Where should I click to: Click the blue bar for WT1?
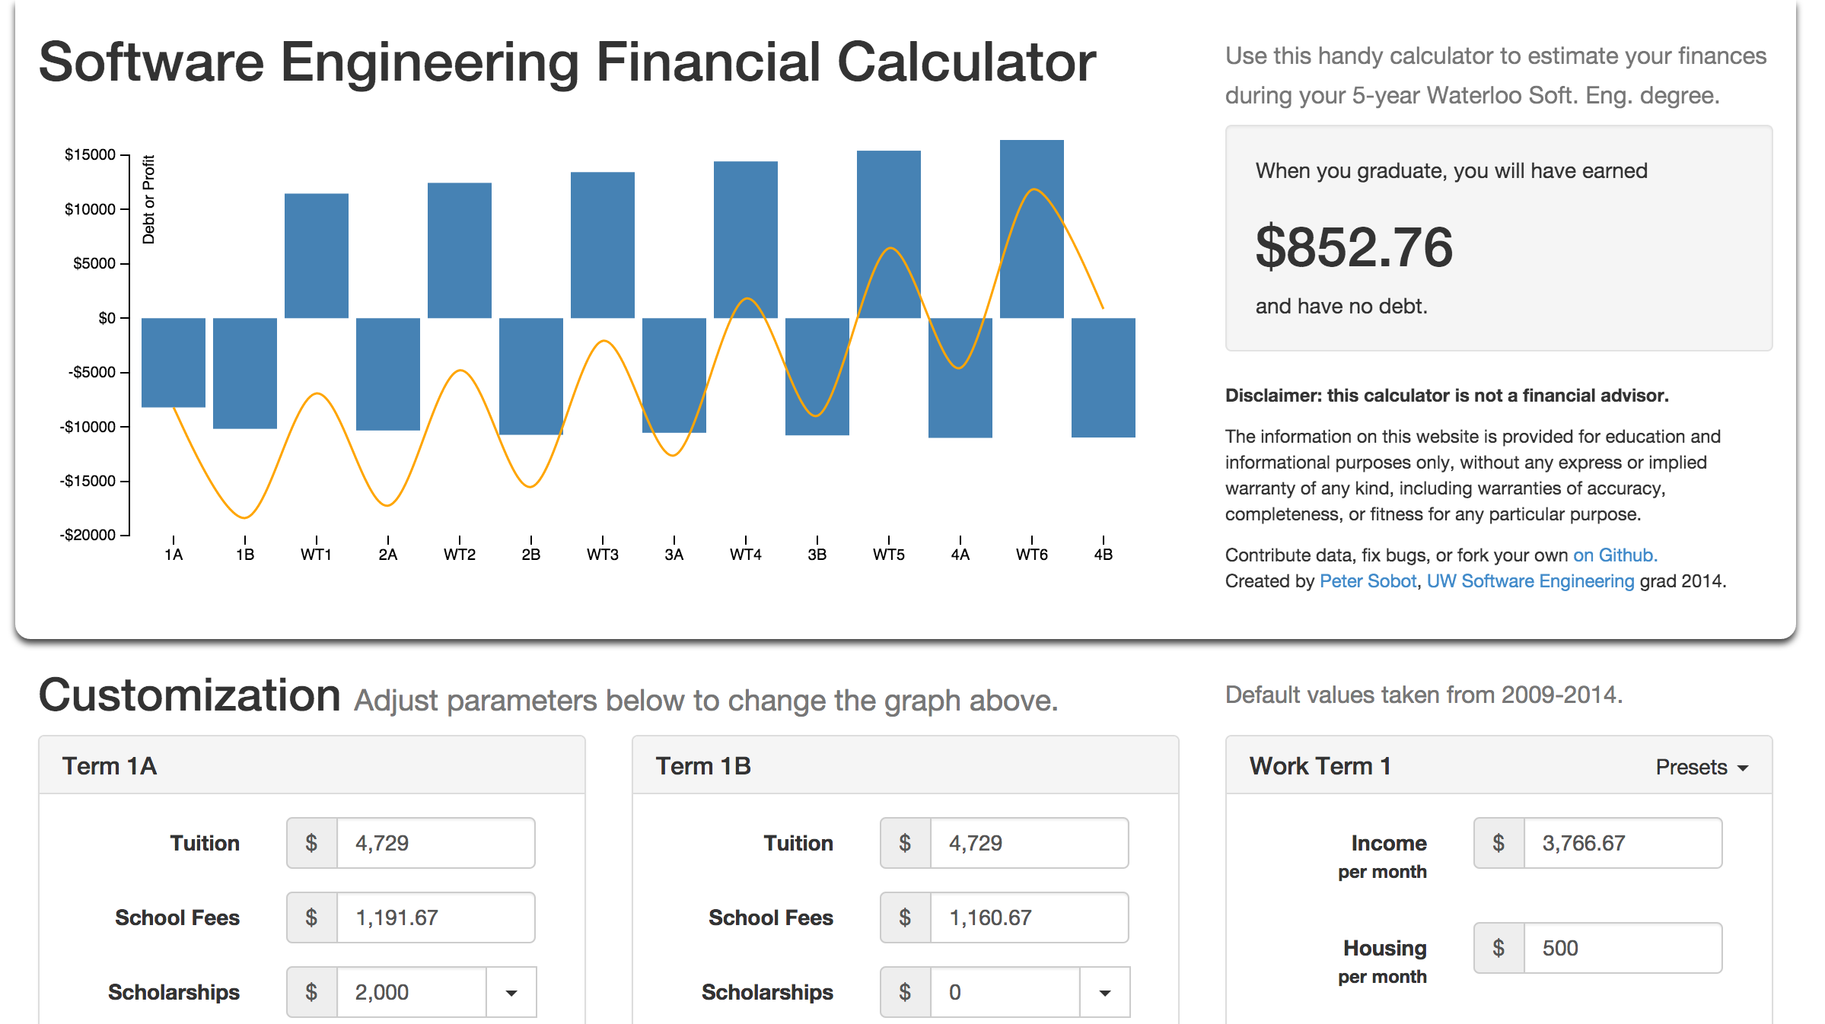pos(316,256)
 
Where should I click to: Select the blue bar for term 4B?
pos(1103,377)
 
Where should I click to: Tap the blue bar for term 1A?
pos(173,362)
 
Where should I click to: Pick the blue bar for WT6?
pos(1031,228)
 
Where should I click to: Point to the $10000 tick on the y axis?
pos(91,209)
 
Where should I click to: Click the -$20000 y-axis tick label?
pos(88,535)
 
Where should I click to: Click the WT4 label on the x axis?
pos(745,555)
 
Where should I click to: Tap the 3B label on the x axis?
pos(817,555)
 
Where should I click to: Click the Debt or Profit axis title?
pos(148,199)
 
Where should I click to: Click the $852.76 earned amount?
pos(1354,247)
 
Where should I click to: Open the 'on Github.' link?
pos(1615,555)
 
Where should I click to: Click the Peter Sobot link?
pos(1368,581)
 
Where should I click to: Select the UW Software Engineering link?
pos(1530,581)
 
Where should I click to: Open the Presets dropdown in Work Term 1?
pos(1702,767)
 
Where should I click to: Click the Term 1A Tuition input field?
pos(435,843)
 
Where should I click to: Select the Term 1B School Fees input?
pos(1028,917)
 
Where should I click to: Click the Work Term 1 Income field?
pos(1622,843)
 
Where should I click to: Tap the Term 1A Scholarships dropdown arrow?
pos(511,992)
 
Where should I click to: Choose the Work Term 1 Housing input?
pos(1622,948)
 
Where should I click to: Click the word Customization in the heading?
pos(190,695)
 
